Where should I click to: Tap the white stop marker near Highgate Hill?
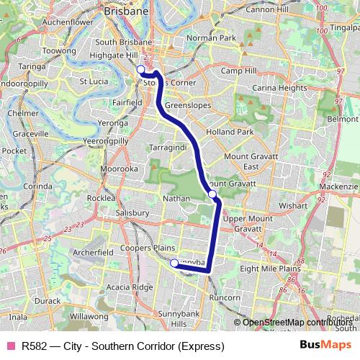click(x=140, y=70)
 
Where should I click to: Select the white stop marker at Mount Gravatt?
click(x=212, y=194)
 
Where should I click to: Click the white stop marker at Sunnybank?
click(x=174, y=264)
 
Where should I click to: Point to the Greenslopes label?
click(x=186, y=105)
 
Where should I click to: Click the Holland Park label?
click(x=230, y=132)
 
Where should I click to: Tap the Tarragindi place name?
click(x=168, y=147)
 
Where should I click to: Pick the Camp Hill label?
click(x=238, y=71)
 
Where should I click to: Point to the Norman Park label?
click(x=211, y=37)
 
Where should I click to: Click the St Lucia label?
click(x=94, y=81)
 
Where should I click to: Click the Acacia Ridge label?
click(x=130, y=287)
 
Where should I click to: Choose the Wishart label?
click(x=294, y=204)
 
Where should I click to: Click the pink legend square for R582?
click(x=10, y=346)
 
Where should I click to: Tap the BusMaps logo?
click(x=325, y=345)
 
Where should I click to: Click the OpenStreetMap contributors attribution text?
click(x=295, y=322)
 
